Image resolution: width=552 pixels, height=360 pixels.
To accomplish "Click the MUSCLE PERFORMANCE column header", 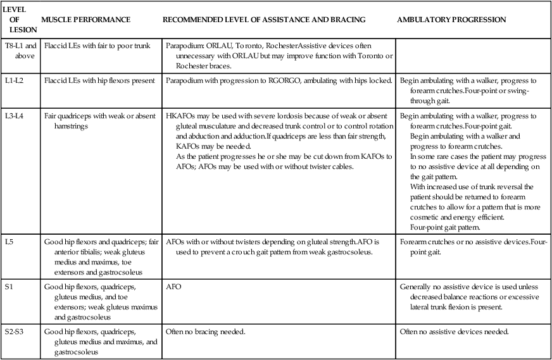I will pos(85,20).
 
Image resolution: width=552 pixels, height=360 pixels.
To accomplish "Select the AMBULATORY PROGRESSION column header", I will pos(451,20).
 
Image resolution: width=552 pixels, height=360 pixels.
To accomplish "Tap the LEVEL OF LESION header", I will pos(19,20).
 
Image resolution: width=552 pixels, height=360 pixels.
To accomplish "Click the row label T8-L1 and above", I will pos(22,51).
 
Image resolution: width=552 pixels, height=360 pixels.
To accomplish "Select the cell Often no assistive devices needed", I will pos(455,332).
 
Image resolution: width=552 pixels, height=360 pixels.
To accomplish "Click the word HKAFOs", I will pos(180,116).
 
